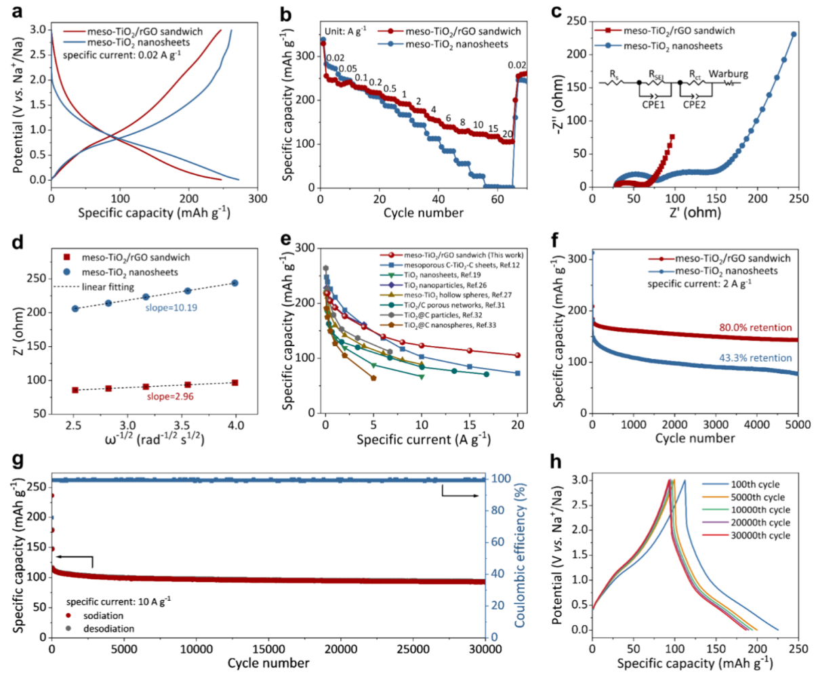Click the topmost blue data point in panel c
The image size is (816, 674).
coord(794,35)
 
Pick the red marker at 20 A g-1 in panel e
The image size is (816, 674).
coord(518,355)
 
